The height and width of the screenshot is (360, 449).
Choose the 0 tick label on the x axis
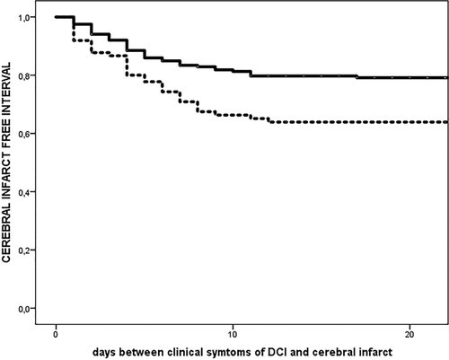coord(56,328)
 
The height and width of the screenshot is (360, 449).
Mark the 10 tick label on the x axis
coord(233,328)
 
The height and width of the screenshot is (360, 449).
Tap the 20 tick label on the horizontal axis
coord(410,328)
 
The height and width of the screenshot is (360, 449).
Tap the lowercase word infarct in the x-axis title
coord(374,349)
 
